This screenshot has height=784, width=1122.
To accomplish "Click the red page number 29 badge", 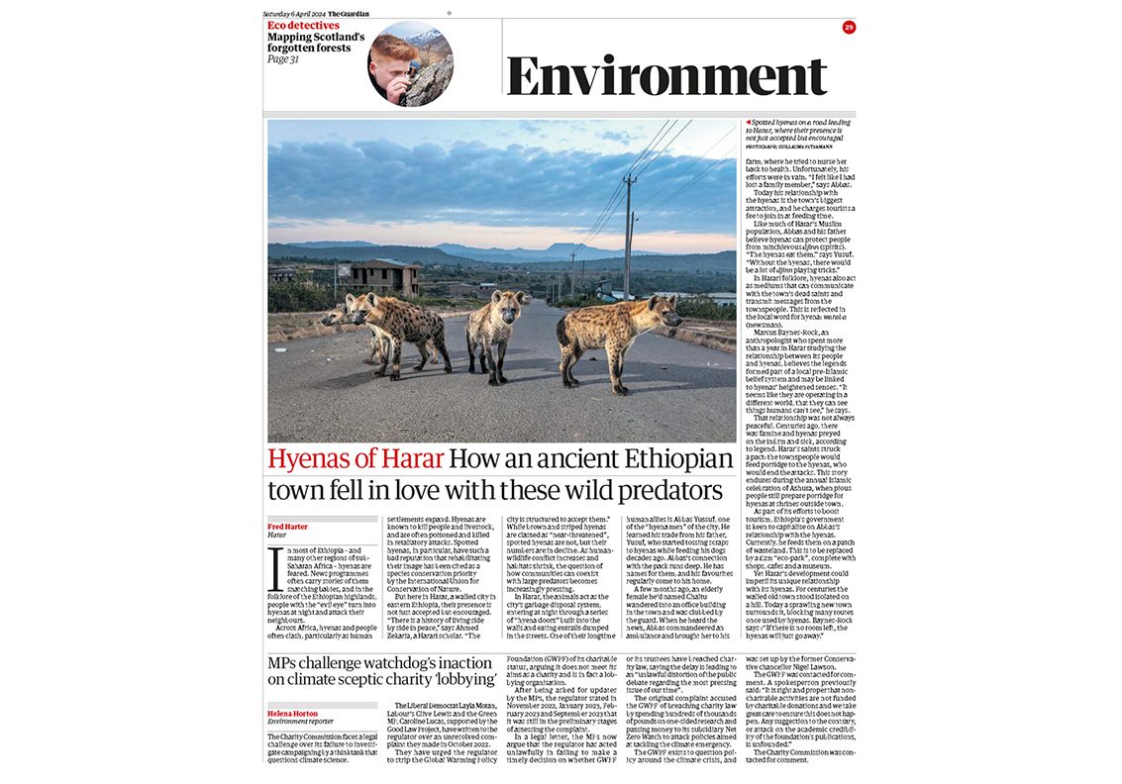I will pyautogui.click(x=849, y=28).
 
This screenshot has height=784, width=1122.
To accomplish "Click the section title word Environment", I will pyautogui.click(x=666, y=76).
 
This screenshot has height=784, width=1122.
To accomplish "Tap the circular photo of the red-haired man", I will pyautogui.click(x=410, y=63).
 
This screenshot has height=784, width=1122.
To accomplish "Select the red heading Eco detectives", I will pyautogui.click(x=302, y=24).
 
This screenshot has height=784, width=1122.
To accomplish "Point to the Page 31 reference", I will pyautogui.click(x=283, y=59).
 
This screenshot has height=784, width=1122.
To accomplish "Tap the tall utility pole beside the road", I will pyautogui.click(x=627, y=238).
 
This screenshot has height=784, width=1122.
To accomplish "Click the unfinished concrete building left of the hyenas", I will pyautogui.click(x=381, y=276).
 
